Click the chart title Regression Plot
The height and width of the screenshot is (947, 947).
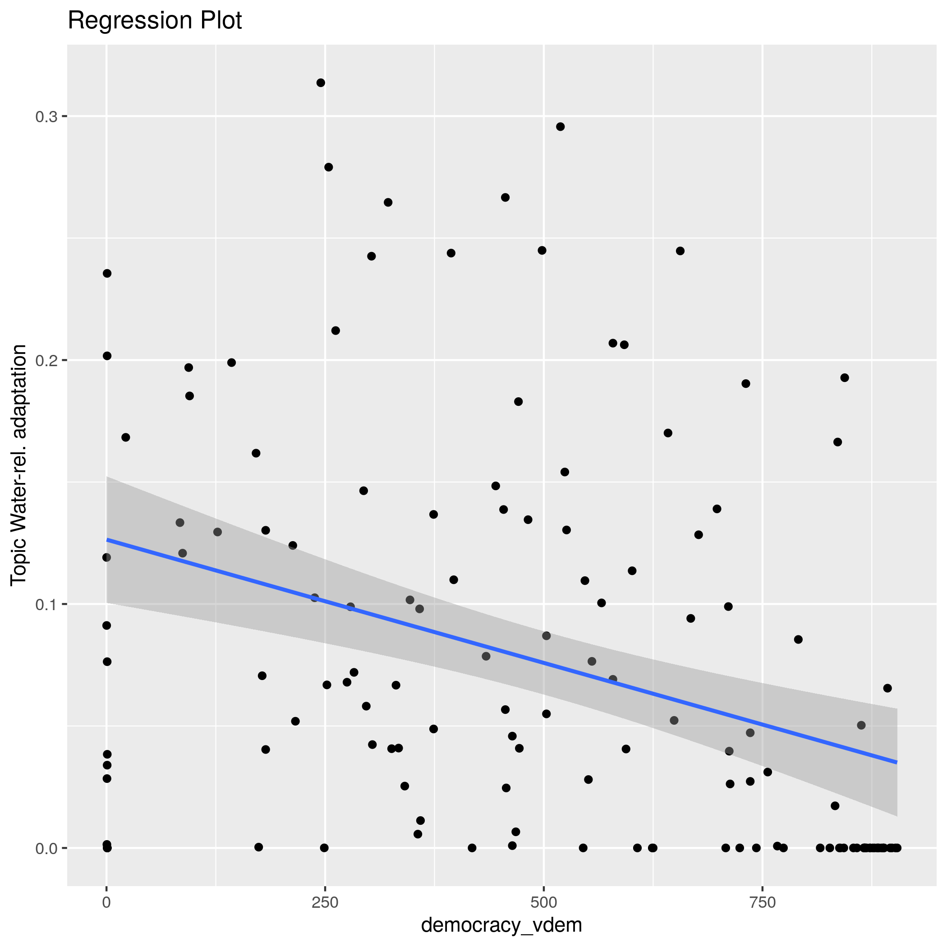coord(154,21)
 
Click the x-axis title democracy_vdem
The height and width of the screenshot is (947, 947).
coord(501,925)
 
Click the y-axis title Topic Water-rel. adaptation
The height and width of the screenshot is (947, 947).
coord(18,464)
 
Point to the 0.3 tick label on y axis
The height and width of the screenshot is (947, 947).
coord(46,117)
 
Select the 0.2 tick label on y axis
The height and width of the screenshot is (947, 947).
coord(46,361)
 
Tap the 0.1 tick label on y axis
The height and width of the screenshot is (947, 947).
coord(46,604)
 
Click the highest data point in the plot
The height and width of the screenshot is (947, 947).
coord(321,83)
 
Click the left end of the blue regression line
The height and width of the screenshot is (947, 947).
coord(107,540)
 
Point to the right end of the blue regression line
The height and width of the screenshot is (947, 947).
coord(896,763)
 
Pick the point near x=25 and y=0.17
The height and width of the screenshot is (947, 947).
coord(125,437)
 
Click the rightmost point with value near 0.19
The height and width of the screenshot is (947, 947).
coord(845,378)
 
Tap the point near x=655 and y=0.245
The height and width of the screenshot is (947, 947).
coord(680,251)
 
